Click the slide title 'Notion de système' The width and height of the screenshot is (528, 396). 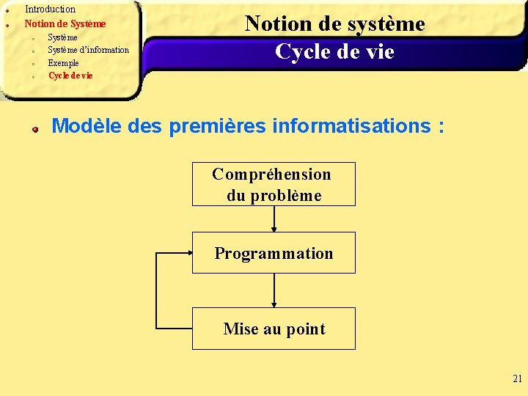click(334, 23)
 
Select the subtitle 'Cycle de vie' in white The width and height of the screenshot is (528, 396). click(334, 52)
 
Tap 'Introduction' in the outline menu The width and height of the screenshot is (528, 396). click(50, 10)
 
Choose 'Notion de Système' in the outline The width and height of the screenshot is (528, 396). click(65, 23)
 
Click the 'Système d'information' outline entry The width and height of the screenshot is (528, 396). click(88, 50)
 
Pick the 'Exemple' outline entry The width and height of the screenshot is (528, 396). click(63, 63)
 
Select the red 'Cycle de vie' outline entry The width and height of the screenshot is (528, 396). click(70, 76)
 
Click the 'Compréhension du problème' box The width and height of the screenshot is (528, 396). click(274, 184)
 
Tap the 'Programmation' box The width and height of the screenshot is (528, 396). click(274, 253)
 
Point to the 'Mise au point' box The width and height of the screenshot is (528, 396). click(274, 329)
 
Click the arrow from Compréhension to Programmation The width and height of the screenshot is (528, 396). click(274, 219)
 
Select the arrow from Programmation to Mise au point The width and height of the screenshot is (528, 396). click(274, 290)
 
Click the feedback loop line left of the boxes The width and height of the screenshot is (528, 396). click(157, 290)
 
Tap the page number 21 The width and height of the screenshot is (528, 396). click(517, 379)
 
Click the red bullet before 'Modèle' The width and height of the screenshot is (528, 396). click(34, 128)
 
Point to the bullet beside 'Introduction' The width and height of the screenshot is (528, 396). click(7, 10)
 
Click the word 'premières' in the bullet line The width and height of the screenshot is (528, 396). click(218, 125)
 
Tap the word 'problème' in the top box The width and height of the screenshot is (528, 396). click(286, 196)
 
